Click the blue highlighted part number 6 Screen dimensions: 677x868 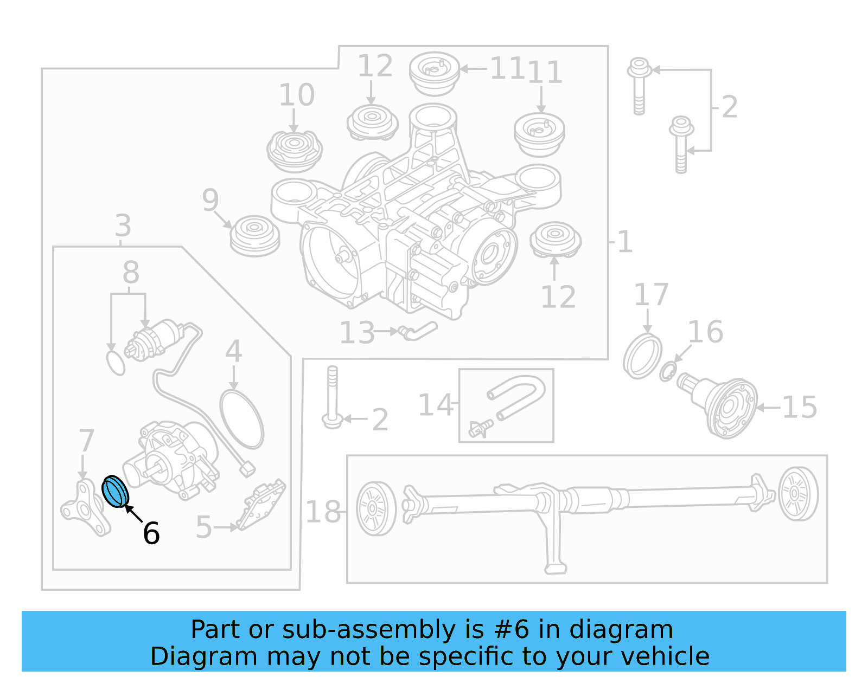pos(115,491)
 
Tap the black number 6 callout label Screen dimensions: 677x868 pos(151,533)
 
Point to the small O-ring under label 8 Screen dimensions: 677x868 pos(116,363)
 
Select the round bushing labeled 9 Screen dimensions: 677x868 pos(255,236)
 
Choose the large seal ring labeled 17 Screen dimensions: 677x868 pos(642,357)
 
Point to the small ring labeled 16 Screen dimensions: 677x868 pos(667,372)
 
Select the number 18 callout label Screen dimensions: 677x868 pos(323,512)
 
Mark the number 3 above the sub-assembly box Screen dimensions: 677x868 pos(123,225)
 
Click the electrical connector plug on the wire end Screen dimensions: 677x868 pos(247,468)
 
